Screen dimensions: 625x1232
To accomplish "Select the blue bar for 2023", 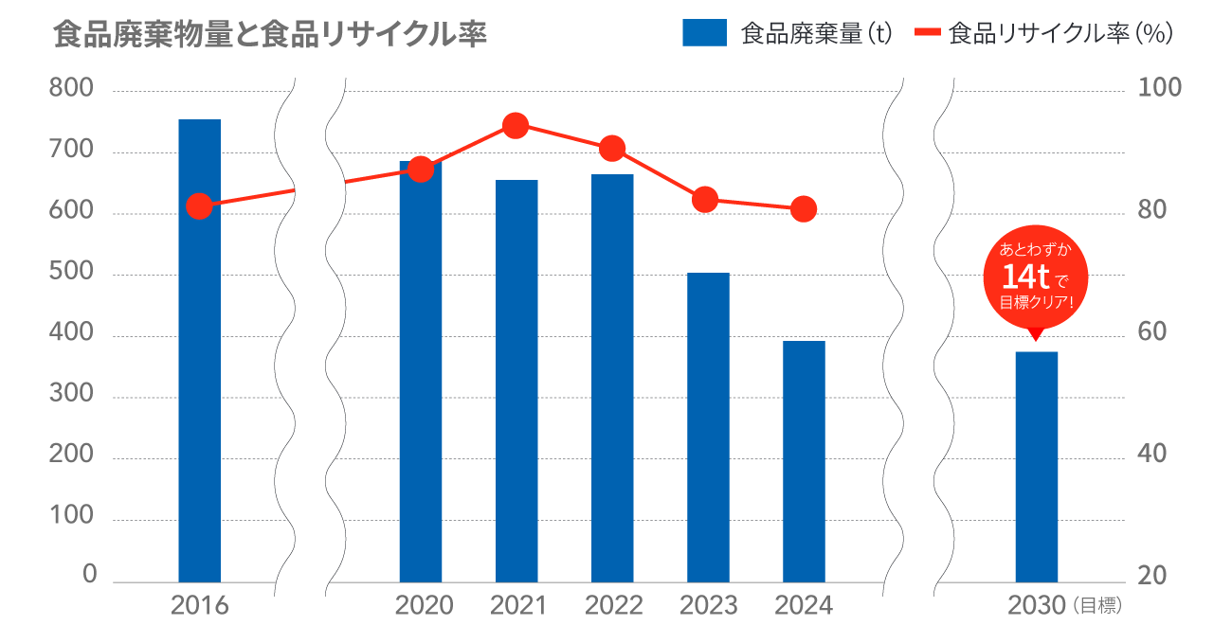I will [x=708, y=427].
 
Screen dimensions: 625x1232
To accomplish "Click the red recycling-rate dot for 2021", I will [x=516, y=126].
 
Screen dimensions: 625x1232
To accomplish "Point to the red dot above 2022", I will [x=612, y=149].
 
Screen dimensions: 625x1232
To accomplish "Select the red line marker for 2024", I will [x=804, y=209].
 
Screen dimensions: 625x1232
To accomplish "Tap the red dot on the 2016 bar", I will [x=199, y=205].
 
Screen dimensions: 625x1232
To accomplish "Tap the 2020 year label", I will [x=424, y=605].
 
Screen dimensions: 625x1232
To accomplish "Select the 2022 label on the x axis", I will [x=614, y=605].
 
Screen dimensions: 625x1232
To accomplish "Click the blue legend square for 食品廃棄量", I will [x=704, y=34].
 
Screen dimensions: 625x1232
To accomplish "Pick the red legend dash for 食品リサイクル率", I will [x=928, y=34].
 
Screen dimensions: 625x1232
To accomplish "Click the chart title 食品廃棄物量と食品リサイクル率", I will [x=270, y=35].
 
